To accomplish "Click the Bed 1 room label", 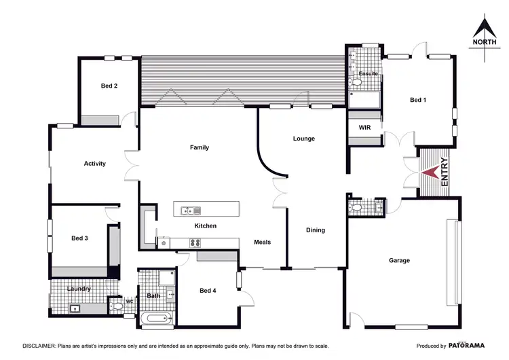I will [x=419, y=100].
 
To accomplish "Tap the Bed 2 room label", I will [x=109, y=86].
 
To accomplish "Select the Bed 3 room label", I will [x=79, y=238].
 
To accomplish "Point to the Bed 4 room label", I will [x=208, y=290].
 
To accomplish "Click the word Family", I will [x=200, y=147].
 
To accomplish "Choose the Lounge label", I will [x=303, y=139].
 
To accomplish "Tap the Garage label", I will [x=399, y=260].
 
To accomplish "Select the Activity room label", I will [x=94, y=163].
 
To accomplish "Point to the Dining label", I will [x=315, y=230].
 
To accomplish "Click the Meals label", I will [x=263, y=242].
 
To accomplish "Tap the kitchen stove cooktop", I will [x=195, y=242].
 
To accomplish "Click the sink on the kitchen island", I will [x=190, y=210].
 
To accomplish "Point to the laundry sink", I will [x=75, y=309].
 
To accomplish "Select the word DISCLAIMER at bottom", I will [x=43, y=345].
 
